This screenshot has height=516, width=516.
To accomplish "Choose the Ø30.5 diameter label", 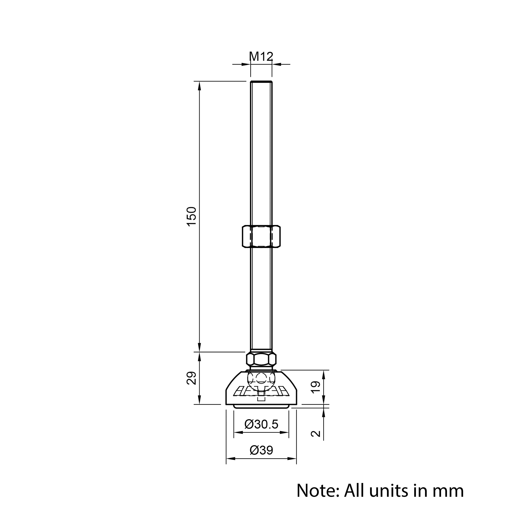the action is (261, 424).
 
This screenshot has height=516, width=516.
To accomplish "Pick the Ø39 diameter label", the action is (261, 450).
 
